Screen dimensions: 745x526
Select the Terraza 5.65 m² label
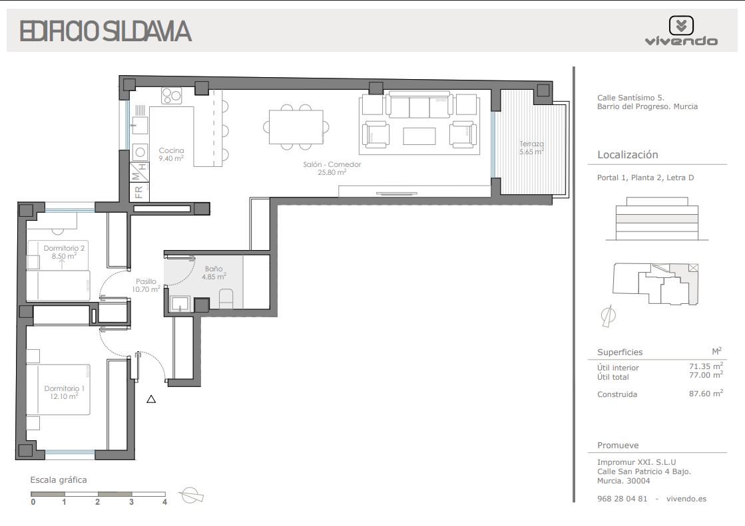point(531,148)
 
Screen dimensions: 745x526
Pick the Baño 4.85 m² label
point(214,273)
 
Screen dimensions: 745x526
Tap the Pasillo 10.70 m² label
point(146,285)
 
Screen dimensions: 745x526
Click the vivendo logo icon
point(681,25)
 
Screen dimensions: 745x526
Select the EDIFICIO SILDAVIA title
point(105,31)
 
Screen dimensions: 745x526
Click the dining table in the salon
point(296,127)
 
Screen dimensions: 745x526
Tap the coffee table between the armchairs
point(419,136)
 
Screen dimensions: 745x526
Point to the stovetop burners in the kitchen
point(172,96)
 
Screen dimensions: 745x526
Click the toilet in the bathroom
point(226,299)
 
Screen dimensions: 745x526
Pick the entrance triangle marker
point(151,399)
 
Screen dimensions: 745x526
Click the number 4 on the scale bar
point(165,502)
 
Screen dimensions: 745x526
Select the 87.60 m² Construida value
point(706,394)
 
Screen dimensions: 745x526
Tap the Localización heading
point(628,155)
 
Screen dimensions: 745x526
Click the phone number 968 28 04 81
point(622,499)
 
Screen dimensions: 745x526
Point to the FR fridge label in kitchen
point(138,192)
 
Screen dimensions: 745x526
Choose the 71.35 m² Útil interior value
point(706,366)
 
